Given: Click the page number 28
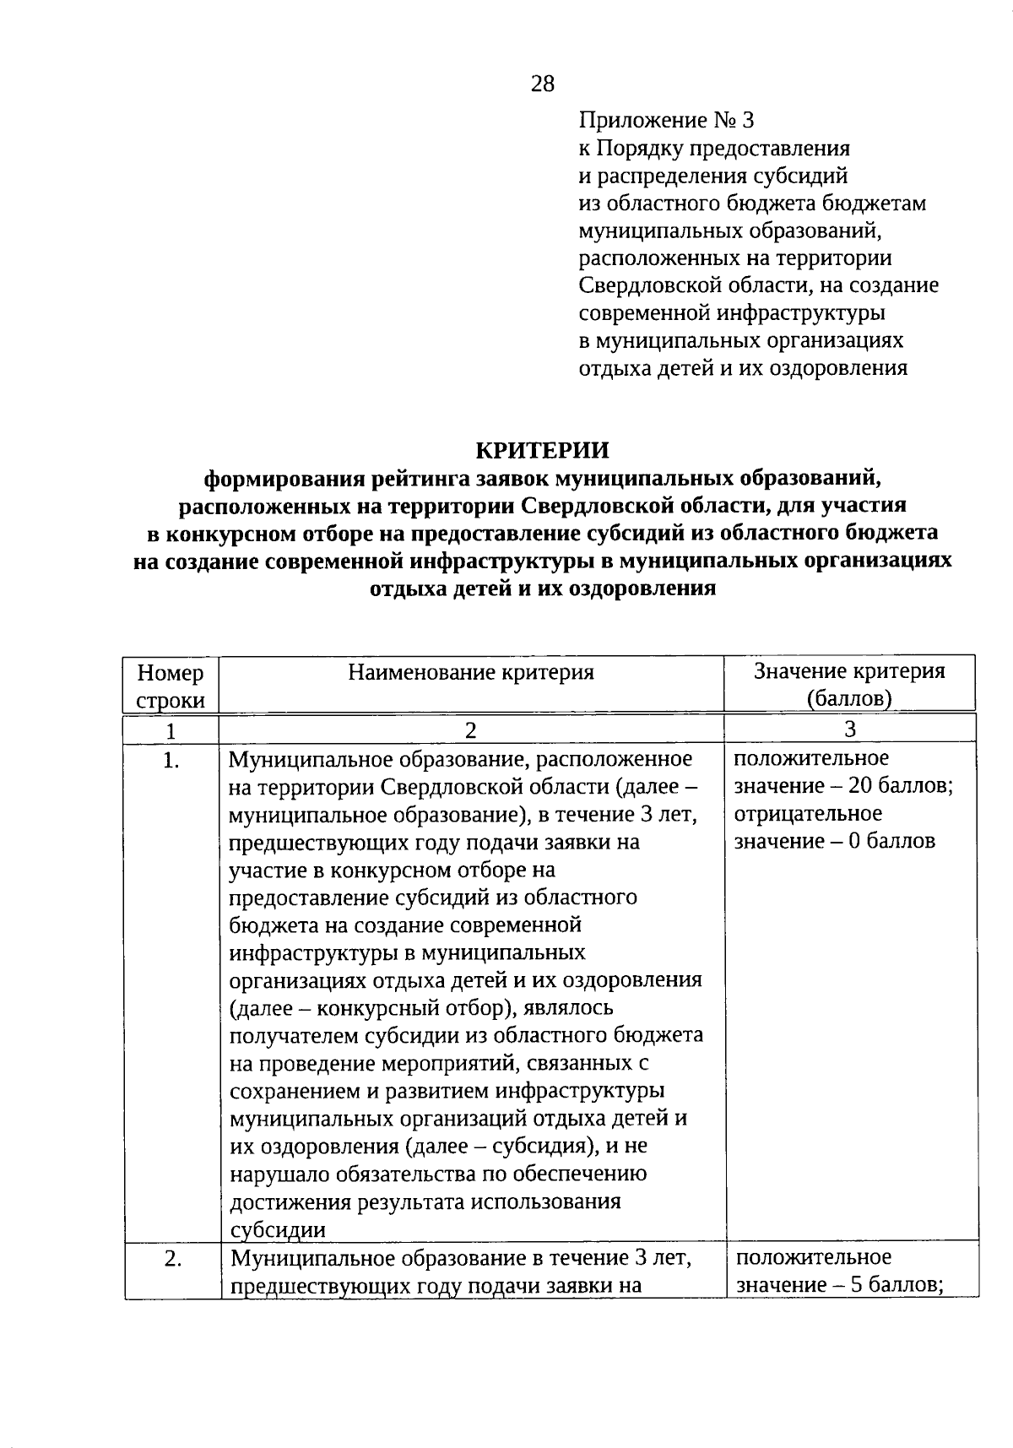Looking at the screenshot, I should (x=543, y=83).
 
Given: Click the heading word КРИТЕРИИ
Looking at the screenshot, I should (x=542, y=450).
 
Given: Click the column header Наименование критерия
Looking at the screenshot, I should (x=471, y=672).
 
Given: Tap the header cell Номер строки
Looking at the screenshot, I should (x=171, y=686).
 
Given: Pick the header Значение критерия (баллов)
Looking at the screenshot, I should (x=849, y=684).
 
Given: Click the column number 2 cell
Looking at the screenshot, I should (x=470, y=729).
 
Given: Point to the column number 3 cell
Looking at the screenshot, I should (x=849, y=729).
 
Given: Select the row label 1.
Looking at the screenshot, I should (x=171, y=761).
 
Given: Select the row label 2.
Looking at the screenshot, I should (x=172, y=1259).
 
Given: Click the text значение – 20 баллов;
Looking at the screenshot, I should (x=843, y=786).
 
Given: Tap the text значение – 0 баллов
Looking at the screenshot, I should (x=834, y=841).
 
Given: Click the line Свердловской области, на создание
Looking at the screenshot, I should (x=758, y=285).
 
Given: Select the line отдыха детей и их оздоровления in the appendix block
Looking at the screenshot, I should (x=743, y=368).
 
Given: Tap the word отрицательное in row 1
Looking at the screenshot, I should (x=808, y=814).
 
